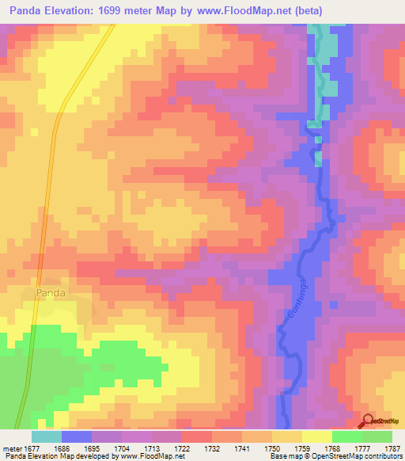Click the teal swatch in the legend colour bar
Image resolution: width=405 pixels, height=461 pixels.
point(46,436)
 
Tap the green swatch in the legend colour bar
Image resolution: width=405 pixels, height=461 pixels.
point(347,436)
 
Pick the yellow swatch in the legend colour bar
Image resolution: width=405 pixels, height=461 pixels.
point(317,436)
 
